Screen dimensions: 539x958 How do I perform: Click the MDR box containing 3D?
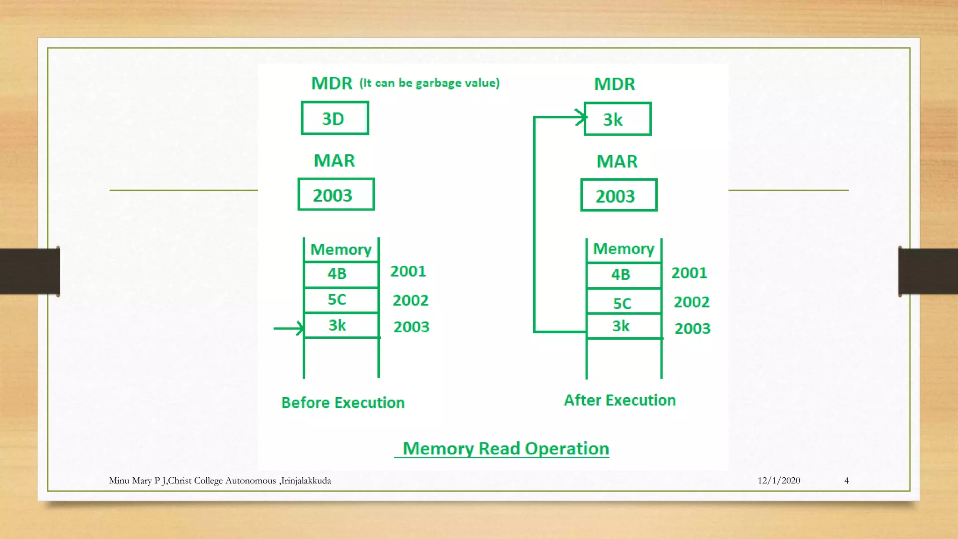pos(334,118)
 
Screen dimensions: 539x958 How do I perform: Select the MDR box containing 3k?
pos(617,119)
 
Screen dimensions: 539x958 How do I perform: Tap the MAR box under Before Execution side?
pos(336,195)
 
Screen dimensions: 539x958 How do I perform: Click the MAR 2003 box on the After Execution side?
pos(618,196)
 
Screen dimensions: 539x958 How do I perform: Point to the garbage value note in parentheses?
pos(429,83)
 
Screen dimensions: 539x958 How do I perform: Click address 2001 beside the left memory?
pos(408,271)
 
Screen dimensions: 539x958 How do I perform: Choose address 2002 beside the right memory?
pos(691,302)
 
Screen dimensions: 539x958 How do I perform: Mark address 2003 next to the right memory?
pos(692,328)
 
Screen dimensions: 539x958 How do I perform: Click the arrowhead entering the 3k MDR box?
pos(581,117)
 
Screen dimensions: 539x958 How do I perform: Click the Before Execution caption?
pos(343,403)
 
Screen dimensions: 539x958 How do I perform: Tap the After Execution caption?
pos(620,401)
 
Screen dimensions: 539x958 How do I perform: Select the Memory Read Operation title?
pos(505,449)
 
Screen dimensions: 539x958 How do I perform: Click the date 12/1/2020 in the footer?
pos(778,481)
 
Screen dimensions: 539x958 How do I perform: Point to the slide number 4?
pos(846,481)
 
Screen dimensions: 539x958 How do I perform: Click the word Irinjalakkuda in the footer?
pos(306,481)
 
